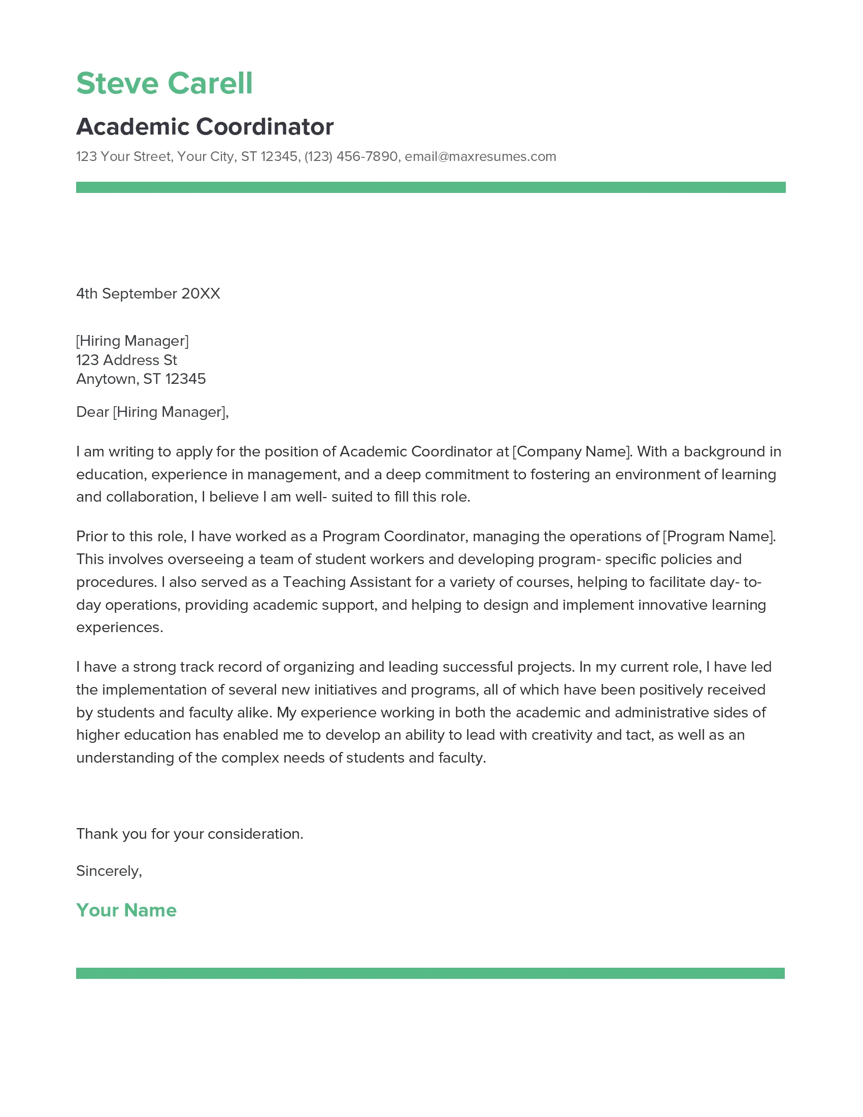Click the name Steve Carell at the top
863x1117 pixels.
pos(164,83)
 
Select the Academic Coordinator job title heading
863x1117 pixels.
pos(205,127)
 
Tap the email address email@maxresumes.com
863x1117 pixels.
pos(480,156)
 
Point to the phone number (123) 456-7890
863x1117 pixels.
pos(351,156)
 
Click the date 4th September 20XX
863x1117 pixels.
pos(148,293)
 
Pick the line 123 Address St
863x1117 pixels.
pos(126,360)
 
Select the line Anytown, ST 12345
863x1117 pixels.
pos(141,379)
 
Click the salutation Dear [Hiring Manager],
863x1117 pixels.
pos(152,412)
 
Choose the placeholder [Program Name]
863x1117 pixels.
pos(718,537)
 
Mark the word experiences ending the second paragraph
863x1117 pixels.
pos(119,628)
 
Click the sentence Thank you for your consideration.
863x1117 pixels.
pos(190,834)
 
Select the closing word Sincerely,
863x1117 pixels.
pos(109,871)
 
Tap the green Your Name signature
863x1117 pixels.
pos(126,910)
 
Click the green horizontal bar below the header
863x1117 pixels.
pos(430,187)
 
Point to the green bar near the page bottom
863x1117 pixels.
pos(430,973)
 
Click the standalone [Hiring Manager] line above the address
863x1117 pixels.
pos(132,341)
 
